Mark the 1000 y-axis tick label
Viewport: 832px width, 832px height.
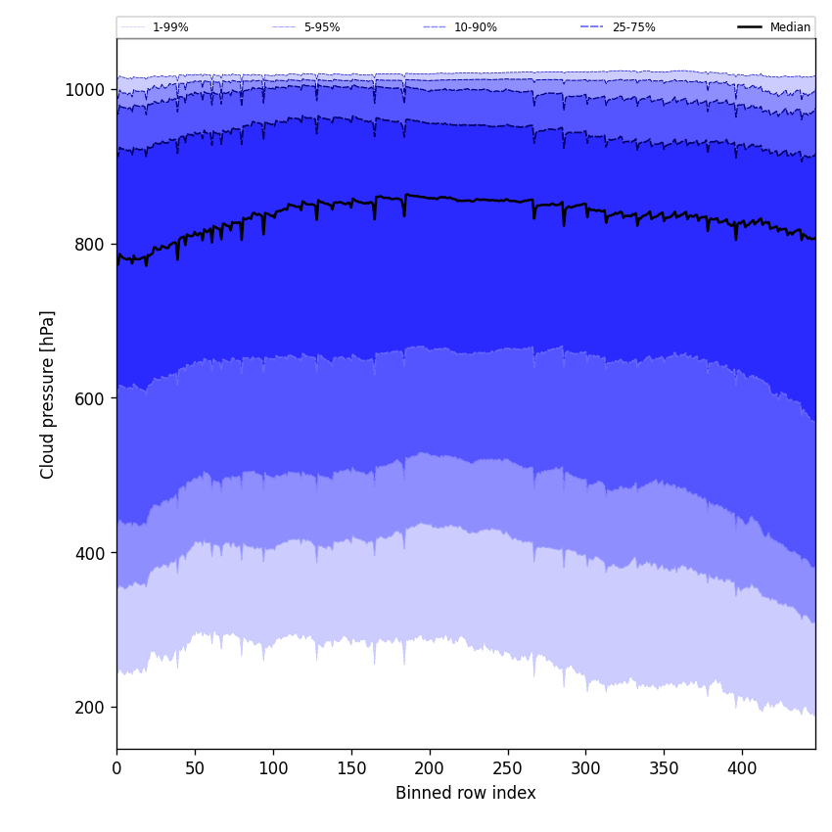84,90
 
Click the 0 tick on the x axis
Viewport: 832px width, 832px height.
116,768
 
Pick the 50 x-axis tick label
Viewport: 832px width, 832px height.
195,768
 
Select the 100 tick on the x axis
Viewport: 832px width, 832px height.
273,768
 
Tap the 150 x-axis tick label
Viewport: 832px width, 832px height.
351,768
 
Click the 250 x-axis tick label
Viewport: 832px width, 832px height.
507,768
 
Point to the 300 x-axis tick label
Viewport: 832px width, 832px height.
585,768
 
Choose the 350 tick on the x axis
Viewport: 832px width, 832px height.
664,768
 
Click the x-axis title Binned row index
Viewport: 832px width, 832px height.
466,793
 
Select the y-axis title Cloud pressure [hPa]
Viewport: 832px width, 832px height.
48,394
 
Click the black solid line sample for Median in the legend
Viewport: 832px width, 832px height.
751,27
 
